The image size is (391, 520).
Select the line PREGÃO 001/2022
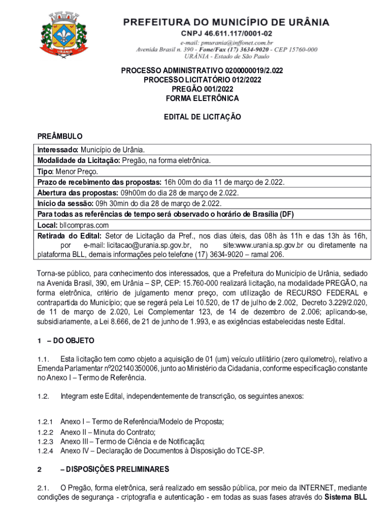tap(202, 89)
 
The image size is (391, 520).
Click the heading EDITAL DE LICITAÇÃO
tap(202, 117)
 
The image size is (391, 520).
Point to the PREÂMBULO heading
tap(60, 137)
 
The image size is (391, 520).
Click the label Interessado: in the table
tap(58, 150)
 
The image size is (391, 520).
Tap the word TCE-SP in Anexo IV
tap(251, 451)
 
